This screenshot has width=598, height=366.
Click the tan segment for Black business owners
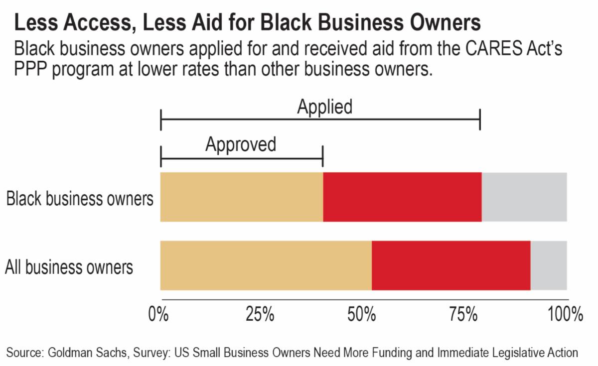(242, 197)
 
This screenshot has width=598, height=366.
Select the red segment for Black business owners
(402, 197)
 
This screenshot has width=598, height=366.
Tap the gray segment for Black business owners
(524, 197)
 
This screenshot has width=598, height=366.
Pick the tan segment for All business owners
(266, 265)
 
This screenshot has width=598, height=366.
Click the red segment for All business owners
(451, 265)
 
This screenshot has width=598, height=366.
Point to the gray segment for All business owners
(549, 265)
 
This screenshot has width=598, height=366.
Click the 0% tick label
(160, 315)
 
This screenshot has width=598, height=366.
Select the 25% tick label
(261, 315)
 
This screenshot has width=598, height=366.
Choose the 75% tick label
(464, 315)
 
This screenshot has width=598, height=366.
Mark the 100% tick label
(565, 315)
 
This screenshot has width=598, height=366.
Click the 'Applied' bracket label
(324, 107)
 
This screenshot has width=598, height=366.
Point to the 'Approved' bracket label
(241, 144)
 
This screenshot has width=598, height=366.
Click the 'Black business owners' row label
(79, 199)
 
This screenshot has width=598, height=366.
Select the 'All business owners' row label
(69, 267)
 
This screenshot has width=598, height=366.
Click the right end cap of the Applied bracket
(480, 120)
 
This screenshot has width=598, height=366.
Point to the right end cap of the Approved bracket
(323, 156)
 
